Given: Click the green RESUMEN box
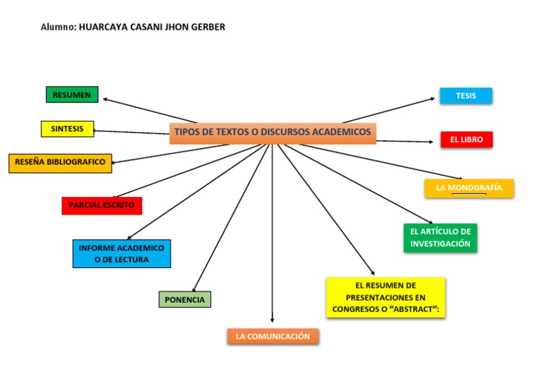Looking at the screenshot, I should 72,95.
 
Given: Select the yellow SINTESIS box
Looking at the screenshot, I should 68,129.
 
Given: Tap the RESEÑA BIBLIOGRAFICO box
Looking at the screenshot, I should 60,163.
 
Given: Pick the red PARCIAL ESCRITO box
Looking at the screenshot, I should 102,205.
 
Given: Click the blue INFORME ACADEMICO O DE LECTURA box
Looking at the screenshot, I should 122,254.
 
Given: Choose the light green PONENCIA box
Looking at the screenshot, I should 185,300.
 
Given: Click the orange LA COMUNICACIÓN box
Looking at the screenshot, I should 273,336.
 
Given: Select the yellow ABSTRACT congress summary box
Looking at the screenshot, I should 385,297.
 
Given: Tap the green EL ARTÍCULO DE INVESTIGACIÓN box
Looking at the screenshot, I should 440,237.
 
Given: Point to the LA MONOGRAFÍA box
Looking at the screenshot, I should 469,188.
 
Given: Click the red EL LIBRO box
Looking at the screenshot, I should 466,140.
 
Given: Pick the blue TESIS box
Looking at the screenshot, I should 466,95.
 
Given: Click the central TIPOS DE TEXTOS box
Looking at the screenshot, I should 272,133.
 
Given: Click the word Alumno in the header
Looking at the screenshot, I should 57,27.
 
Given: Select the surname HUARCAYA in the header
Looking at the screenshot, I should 104,27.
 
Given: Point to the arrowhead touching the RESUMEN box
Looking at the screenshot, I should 105,100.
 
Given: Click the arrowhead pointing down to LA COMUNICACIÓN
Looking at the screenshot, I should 272,320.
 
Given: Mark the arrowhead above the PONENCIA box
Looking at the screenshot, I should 194,289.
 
